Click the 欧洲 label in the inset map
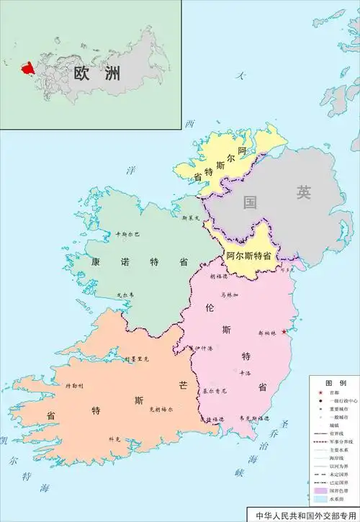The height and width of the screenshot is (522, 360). click(x=96, y=73)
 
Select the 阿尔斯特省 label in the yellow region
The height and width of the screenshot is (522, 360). click(x=248, y=256)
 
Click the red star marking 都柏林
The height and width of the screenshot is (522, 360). click(x=285, y=331)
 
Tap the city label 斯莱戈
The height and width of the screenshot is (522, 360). click(x=190, y=216)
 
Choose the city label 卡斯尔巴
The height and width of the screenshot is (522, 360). click(x=127, y=235)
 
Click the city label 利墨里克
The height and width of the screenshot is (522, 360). click(x=135, y=358)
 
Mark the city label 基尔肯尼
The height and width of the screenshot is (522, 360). click(x=214, y=391)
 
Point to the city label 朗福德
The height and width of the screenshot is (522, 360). click(x=217, y=276)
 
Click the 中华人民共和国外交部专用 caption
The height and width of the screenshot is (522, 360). click(x=306, y=516)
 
